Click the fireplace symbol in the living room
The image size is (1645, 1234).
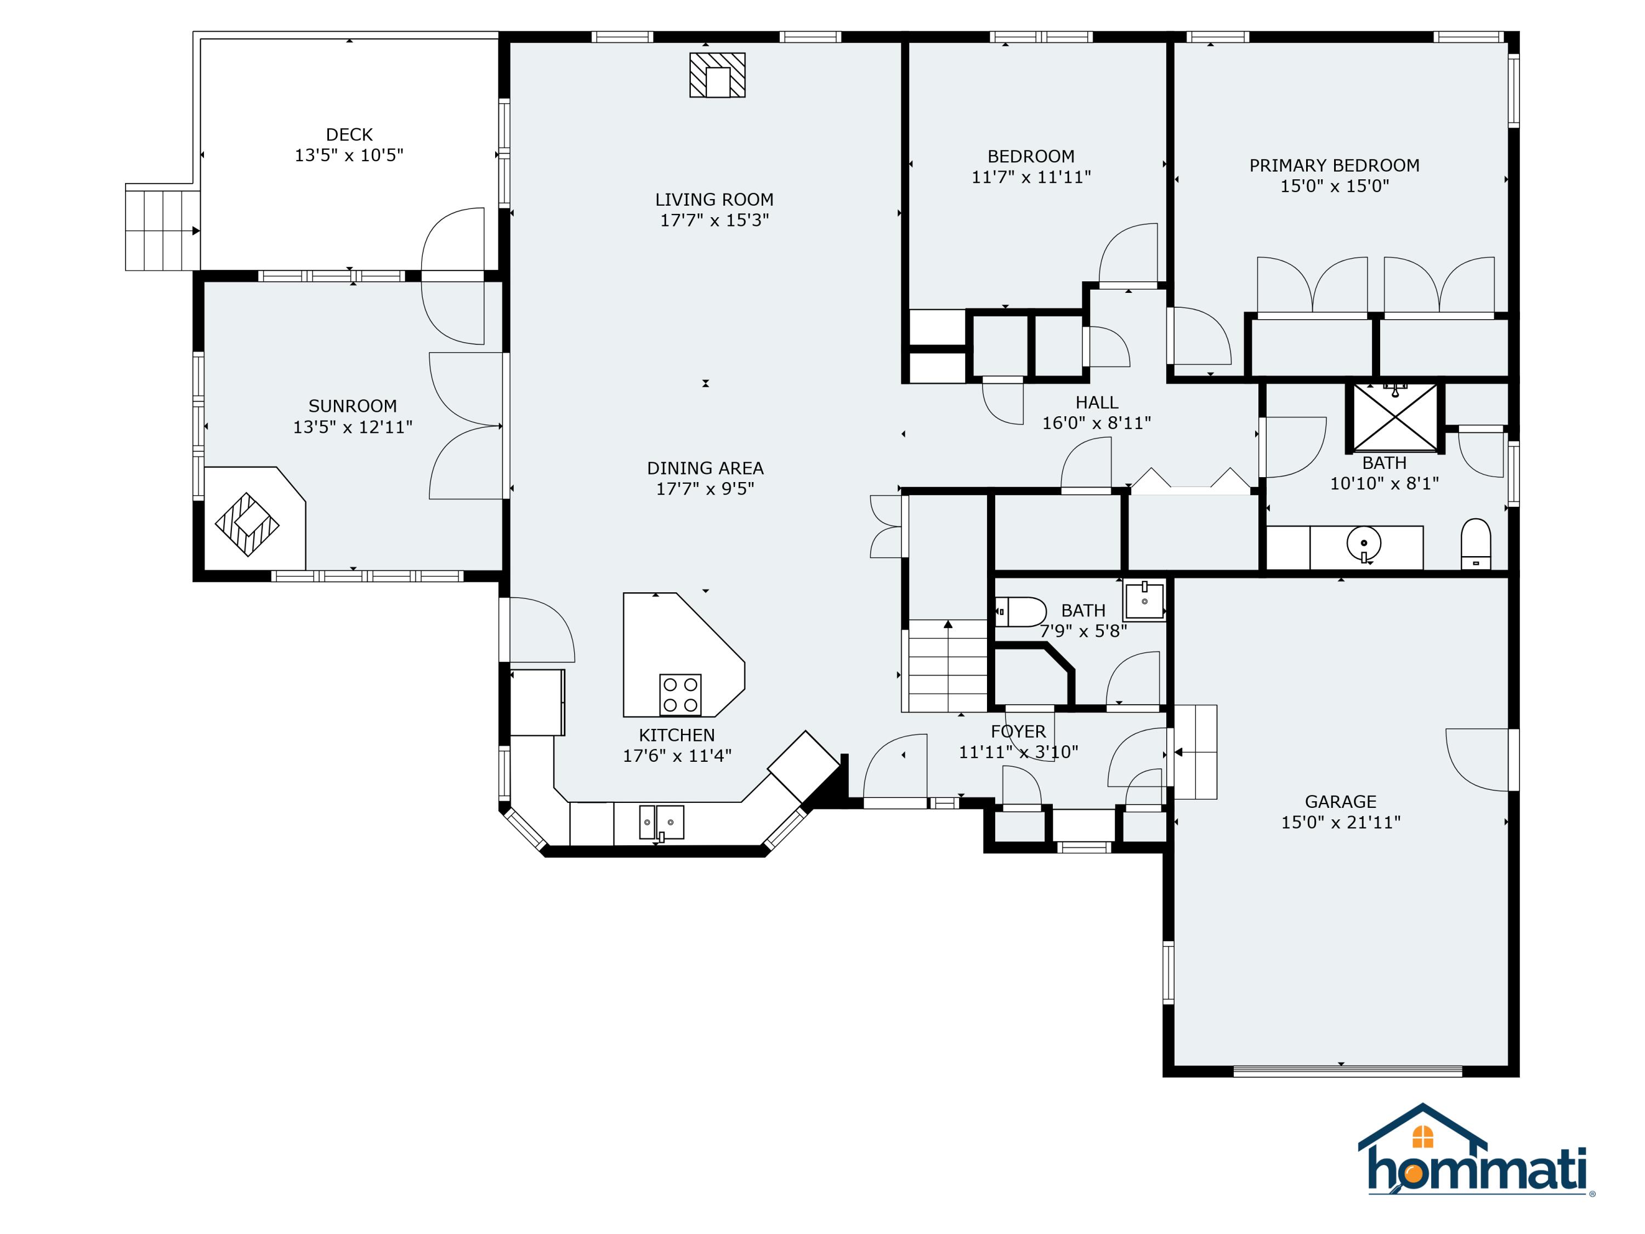coord(717,75)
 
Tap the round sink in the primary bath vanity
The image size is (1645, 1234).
coord(1364,544)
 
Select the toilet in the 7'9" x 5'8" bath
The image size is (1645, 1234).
coord(1021,612)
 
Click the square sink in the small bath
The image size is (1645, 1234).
coord(1144,601)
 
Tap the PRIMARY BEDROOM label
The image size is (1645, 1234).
coord(1334,165)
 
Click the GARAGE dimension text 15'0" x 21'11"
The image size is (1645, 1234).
coord(1340,822)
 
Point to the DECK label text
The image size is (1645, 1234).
coord(349,134)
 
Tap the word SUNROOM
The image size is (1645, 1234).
coord(353,406)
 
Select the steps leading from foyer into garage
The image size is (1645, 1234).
coord(1194,752)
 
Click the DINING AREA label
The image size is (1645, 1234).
coord(705,468)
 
